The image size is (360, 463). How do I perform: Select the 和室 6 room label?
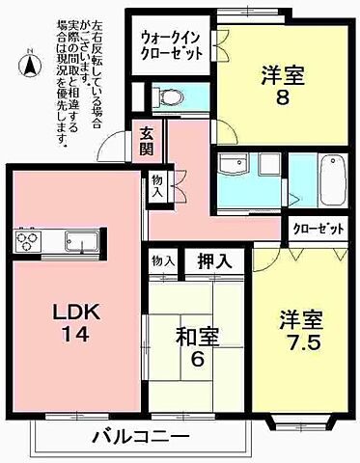coord(197,346)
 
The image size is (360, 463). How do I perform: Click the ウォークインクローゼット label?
coord(172,43)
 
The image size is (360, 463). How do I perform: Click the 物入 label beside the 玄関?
coord(157,186)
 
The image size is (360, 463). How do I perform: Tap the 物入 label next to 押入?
coord(162,260)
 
